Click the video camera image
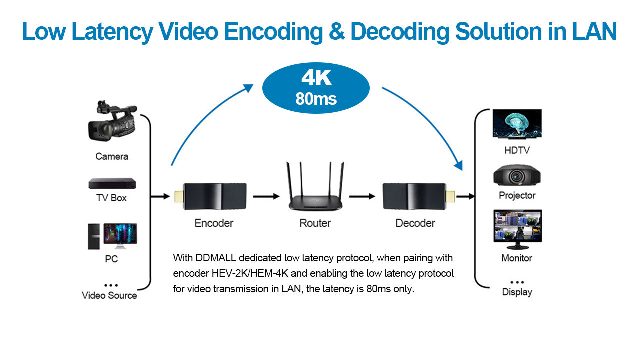pyautogui.click(x=111, y=122)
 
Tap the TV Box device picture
pyautogui.click(x=112, y=183)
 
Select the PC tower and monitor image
pyautogui.click(x=112, y=236)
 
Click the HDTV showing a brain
pyautogui.click(x=517, y=124)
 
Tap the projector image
pyautogui.click(x=517, y=176)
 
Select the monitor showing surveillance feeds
pyautogui.click(x=517, y=229)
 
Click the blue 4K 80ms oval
pyautogui.click(x=316, y=88)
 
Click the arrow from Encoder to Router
pyautogui.click(x=266, y=197)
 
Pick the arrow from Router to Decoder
pyautogui.click(x=362, y=197)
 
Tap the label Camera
pyautogui.click(x=111, y=156)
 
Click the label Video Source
pyautogui.click(x=109, y=295)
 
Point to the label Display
pyautogui.click(x=517, y=292)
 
